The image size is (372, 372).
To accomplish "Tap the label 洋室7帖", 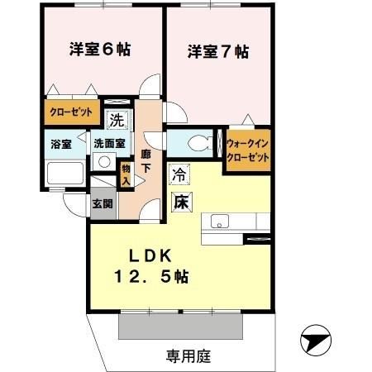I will point(217,52).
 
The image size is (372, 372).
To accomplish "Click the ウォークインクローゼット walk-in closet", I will point(246,149).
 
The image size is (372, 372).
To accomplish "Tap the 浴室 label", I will point(60,144).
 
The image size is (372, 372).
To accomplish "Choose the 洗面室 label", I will point(109,143).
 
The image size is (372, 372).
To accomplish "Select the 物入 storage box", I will point(126,174).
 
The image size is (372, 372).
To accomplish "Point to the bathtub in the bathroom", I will point(64,175).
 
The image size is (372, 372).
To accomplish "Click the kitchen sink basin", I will point(221,222).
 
